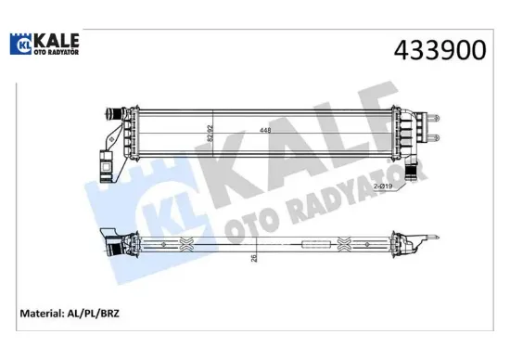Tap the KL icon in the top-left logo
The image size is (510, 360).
tap(20, 45)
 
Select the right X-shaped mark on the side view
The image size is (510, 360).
tap(345, 244)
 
